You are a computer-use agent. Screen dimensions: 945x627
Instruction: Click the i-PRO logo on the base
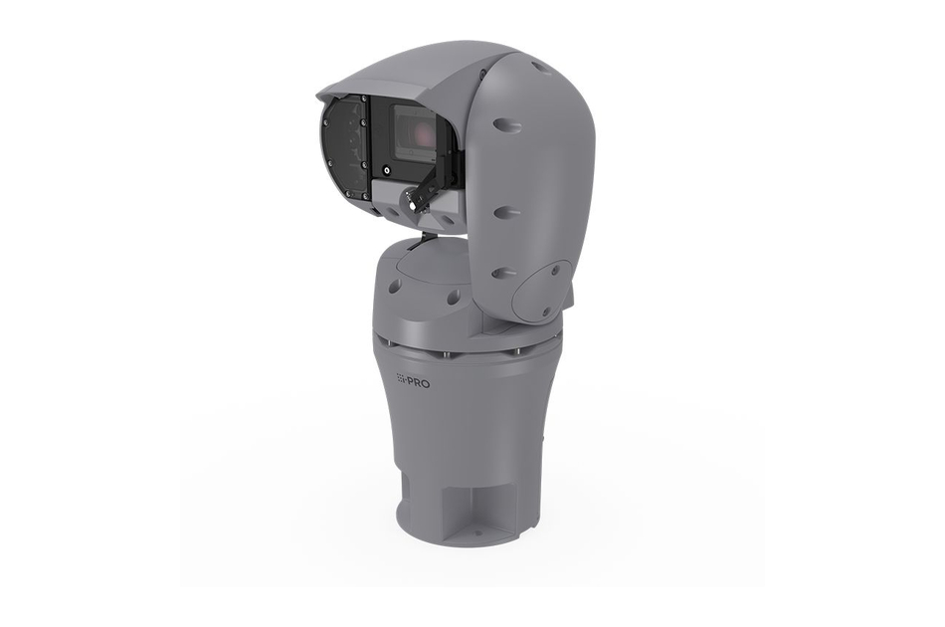pos(413,381)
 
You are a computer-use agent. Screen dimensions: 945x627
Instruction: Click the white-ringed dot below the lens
pos(387,169)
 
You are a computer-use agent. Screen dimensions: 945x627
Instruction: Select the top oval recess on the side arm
pos(506,125)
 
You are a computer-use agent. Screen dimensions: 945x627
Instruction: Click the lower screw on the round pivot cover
pos(545,312)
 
